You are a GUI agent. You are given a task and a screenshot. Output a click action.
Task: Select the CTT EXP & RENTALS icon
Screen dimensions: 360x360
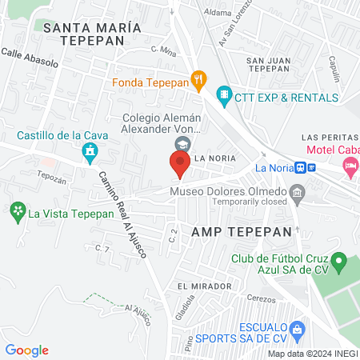click(225, 97)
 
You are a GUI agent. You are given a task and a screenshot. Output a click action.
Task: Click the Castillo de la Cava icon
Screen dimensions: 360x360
click(91, 150)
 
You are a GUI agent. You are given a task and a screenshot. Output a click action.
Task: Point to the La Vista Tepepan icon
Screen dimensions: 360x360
click(17, 212)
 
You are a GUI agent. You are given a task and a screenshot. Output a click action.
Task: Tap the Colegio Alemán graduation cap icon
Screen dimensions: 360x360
click(182, 142)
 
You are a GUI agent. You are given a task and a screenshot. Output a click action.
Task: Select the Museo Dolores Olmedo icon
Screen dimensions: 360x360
click(298, 192)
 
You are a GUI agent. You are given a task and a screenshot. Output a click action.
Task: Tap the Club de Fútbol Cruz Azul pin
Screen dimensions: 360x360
click(339, 261)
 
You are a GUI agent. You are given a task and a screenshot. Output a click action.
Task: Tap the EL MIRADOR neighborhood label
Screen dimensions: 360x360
click(205, 286)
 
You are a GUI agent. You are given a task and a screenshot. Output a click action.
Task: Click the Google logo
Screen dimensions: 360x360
click(27, 350)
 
